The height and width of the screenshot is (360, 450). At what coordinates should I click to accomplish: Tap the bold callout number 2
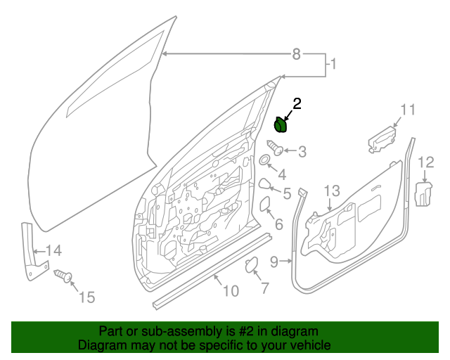pos(297,104)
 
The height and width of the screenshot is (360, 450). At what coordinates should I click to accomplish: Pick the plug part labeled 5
pos(264,185)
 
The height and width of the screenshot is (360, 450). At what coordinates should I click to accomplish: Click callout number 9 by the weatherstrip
pos(275,261)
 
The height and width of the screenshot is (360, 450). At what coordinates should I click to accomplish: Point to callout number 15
pos(86,297)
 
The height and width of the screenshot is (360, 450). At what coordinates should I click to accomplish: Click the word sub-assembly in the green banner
pos(174,330)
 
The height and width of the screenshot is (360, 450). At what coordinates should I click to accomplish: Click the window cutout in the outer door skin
pos(112,77)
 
